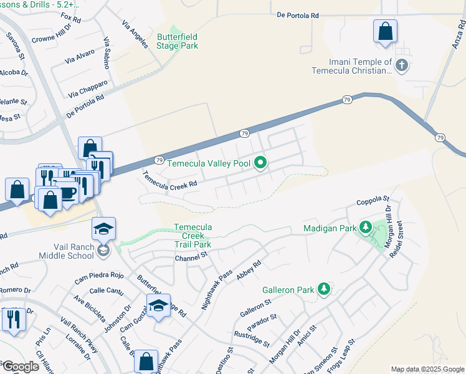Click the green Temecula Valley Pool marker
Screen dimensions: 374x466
tap(260, 164)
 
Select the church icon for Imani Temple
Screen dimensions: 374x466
tap(402, 65)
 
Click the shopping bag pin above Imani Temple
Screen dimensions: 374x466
tap(385, 31)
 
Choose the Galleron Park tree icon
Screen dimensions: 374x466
tap(323, 289)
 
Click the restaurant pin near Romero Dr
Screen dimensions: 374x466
tap(13, 319)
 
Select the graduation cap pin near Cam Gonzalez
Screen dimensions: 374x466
tap(158, 306)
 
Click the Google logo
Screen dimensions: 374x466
tap(21, 366)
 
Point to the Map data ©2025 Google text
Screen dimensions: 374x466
tap(427, 369)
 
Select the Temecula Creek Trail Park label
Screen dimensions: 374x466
tap(193, 236)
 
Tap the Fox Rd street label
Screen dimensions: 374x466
tap(72, 19)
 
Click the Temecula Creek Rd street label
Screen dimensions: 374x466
tap(170, 180)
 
